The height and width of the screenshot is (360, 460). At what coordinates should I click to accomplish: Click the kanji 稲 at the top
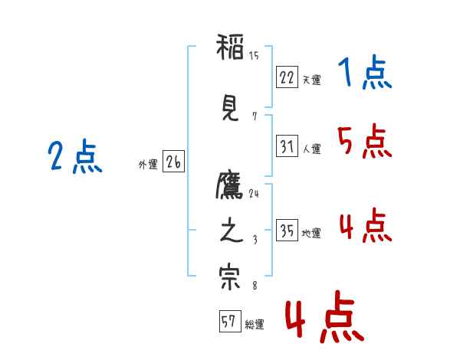[230, 47]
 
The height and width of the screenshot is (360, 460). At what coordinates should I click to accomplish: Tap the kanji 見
[230, 109]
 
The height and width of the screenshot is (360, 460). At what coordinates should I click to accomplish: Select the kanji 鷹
[229, 185]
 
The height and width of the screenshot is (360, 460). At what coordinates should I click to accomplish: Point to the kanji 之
[232, 230]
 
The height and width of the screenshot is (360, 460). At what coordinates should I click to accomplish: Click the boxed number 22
[287, 77]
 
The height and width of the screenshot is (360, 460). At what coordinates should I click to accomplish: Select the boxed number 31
[287, 146]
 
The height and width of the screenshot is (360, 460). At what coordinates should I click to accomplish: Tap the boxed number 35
[287, 230]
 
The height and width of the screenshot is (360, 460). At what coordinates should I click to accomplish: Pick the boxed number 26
[173, 162]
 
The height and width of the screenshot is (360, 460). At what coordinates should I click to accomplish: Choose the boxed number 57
[230, 321]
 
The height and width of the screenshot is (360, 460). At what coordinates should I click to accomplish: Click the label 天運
[311, 80]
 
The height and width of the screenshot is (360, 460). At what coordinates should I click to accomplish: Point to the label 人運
[312, 149]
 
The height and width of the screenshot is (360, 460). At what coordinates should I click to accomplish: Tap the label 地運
[311, 234]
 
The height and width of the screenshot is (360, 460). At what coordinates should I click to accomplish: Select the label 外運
[148, 165]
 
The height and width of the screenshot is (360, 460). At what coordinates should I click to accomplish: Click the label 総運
[255, 325]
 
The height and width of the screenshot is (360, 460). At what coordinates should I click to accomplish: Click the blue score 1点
[365, 72]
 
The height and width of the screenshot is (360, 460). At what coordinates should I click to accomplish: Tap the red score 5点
[365, 141]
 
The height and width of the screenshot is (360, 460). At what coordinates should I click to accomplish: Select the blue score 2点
[75, 156]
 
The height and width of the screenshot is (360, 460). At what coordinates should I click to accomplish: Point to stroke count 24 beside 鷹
[254, 194]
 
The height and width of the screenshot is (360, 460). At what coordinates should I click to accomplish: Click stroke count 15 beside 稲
[254, 55]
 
